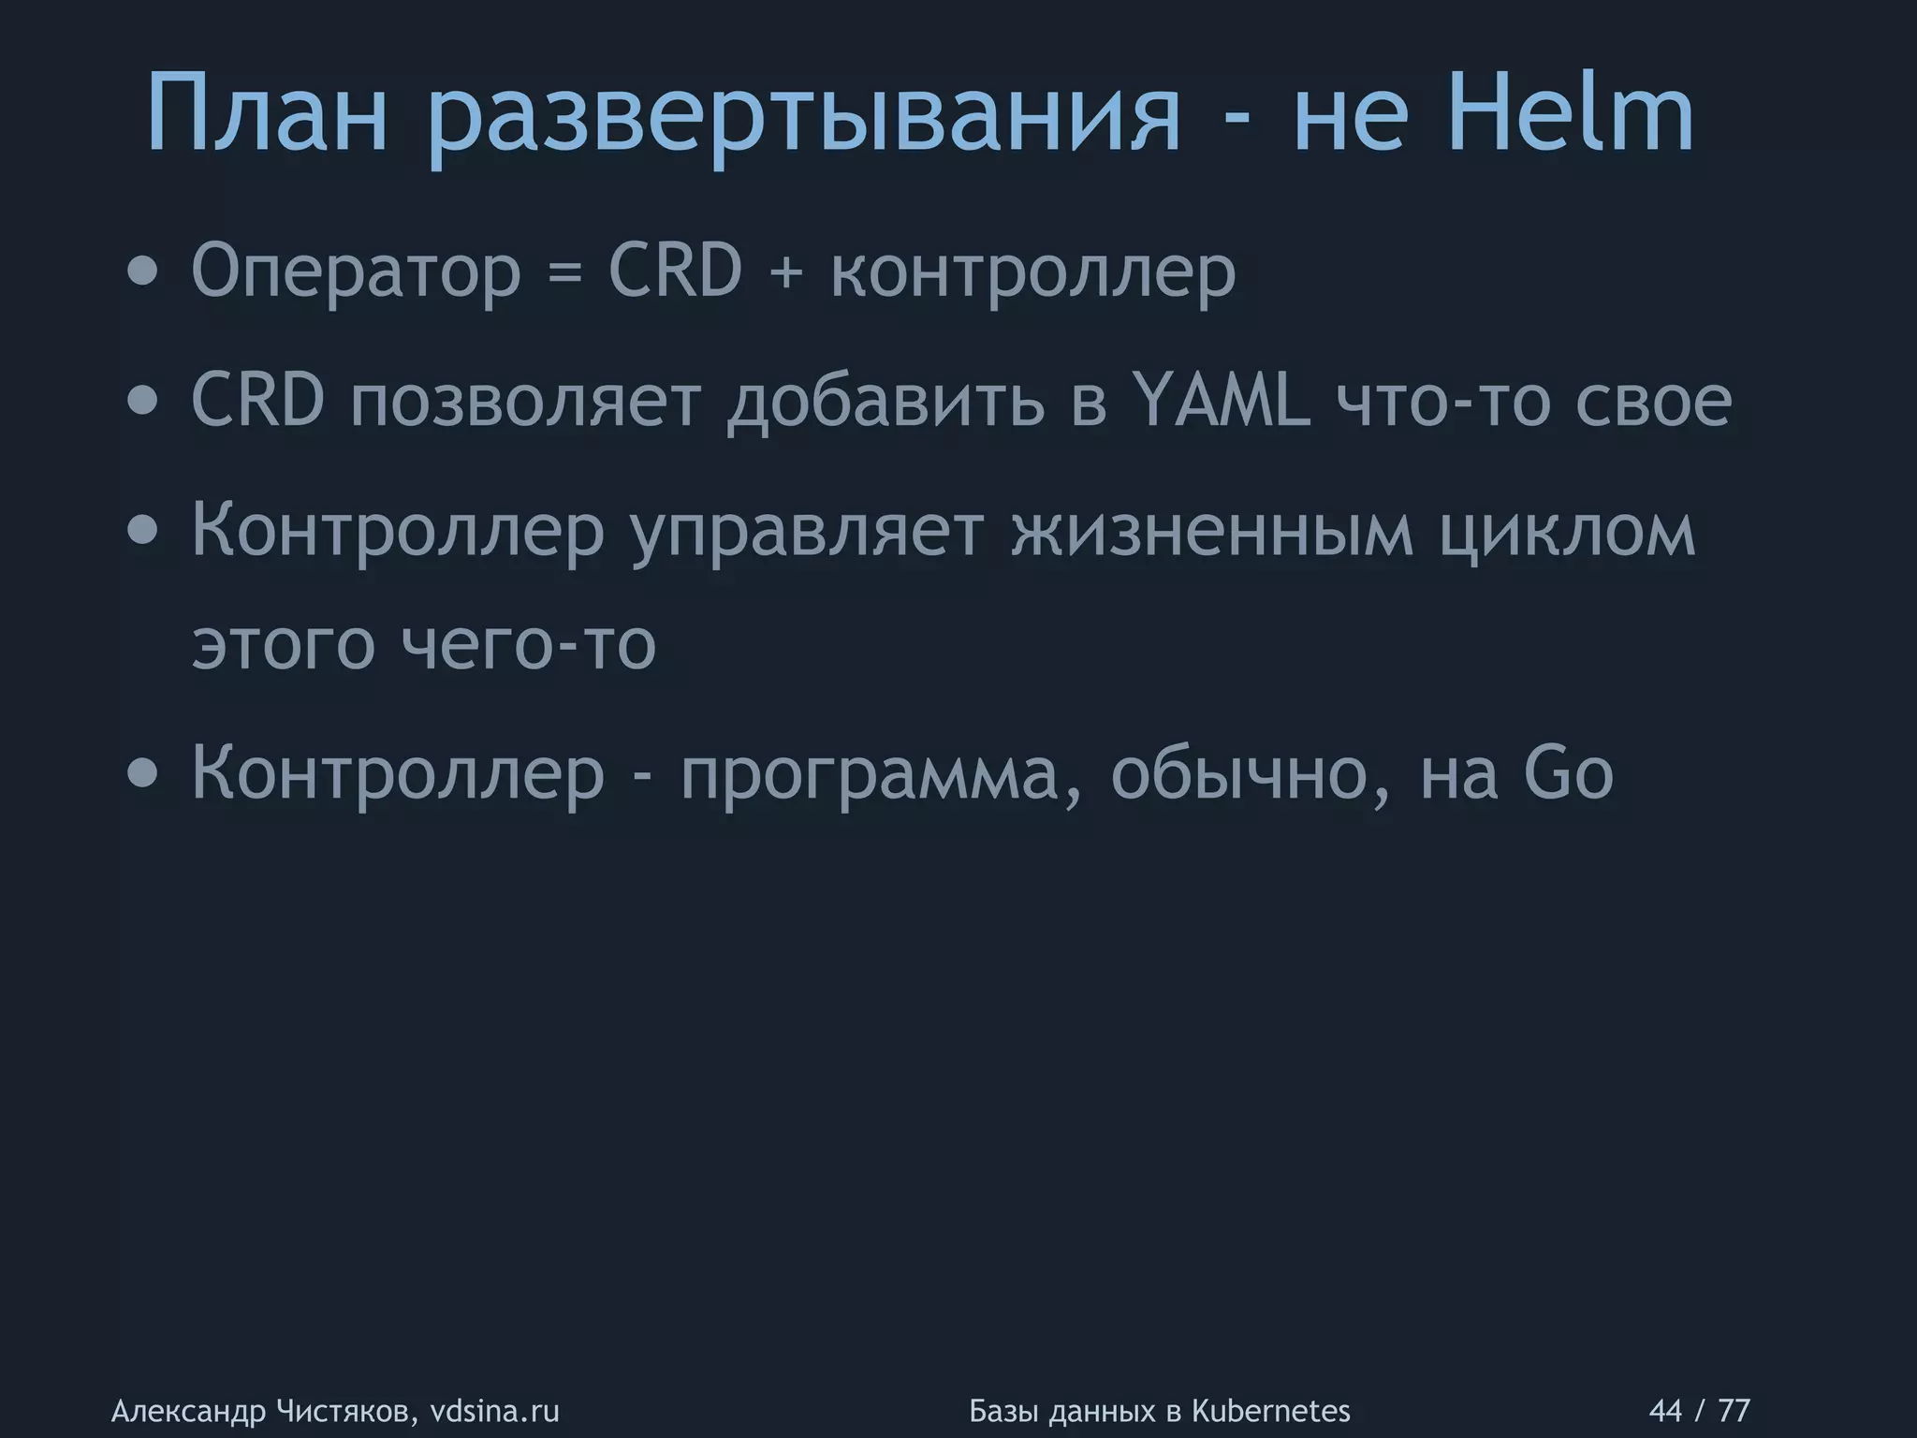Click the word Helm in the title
click(1571, 115)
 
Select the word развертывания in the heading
click(804, 122)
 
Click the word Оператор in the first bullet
click(356, 272)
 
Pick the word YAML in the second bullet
click(1221, 400)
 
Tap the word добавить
click(885, 403)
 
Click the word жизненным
click(1212, 531)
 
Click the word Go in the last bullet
click(1568, 773)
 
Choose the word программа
click(881, 777)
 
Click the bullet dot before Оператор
click(142, 272)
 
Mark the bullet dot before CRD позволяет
click(142, 402)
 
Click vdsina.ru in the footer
click(494, 1410)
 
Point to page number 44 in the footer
click(1664, 1410)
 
